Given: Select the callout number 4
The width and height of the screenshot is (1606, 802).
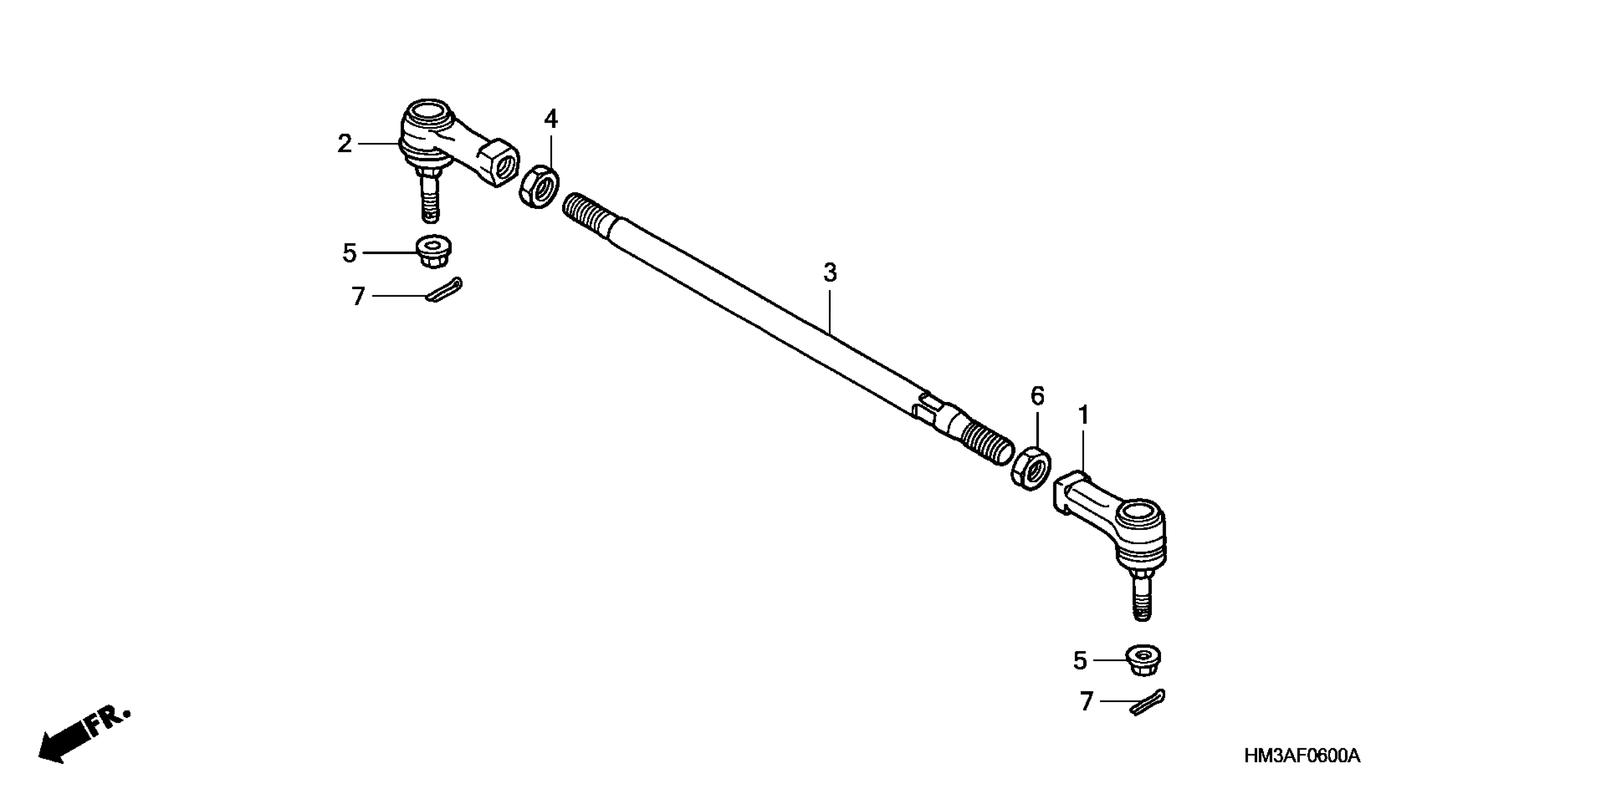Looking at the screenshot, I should pos(550,118).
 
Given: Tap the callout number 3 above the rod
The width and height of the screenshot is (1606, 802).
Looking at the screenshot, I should pos(830,273).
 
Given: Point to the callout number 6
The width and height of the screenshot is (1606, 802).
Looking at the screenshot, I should pos(1037,396).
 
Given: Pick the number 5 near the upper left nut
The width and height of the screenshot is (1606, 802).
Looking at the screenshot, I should pos(349,253).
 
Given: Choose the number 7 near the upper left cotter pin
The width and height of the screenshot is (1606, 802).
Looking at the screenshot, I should pos(358,297).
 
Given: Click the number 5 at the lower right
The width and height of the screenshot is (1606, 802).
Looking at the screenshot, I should pos(1080,660).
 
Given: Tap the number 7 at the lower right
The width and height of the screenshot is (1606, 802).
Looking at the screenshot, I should pos(1087,702).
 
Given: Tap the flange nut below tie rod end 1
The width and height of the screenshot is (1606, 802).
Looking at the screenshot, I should pos(1143,660).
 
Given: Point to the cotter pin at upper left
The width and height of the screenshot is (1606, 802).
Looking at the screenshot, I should pos(444,291).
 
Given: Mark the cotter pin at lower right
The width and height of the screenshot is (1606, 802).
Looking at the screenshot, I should pos(1147,702).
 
